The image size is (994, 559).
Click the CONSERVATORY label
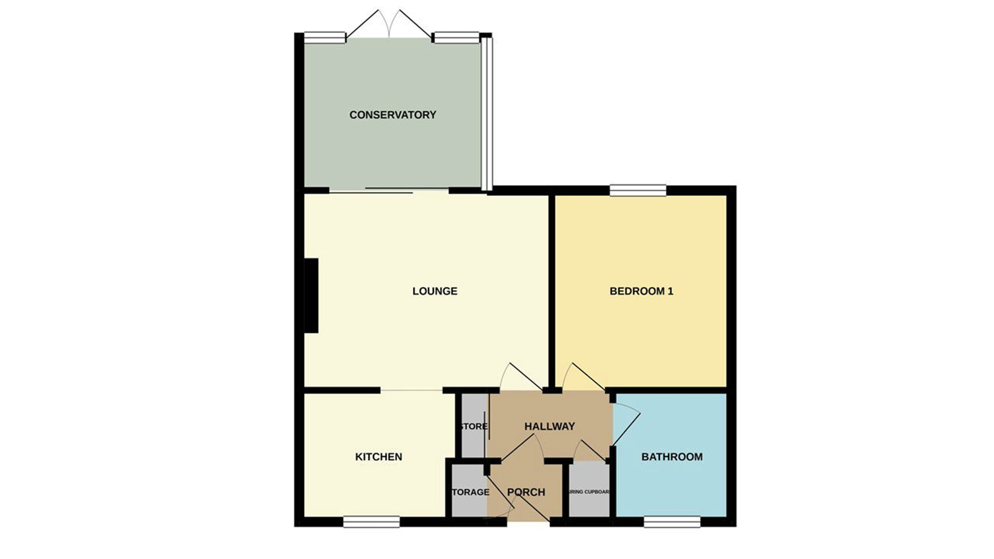click(393, 115)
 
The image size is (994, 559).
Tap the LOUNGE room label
click(435, 291)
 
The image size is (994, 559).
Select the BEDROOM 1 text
click(641, 291)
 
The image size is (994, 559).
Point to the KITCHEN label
click(378, 457)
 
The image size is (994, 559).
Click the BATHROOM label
click(672, 457)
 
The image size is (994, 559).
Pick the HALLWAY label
click(549, 426)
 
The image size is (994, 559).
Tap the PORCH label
click(526, 492)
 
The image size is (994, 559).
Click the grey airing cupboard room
click(589, 496)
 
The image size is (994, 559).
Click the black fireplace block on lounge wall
click(311, 296)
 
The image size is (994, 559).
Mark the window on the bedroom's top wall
click(638, 190)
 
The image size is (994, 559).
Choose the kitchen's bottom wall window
click(371, 522)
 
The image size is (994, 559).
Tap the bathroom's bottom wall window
click(672, 522)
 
